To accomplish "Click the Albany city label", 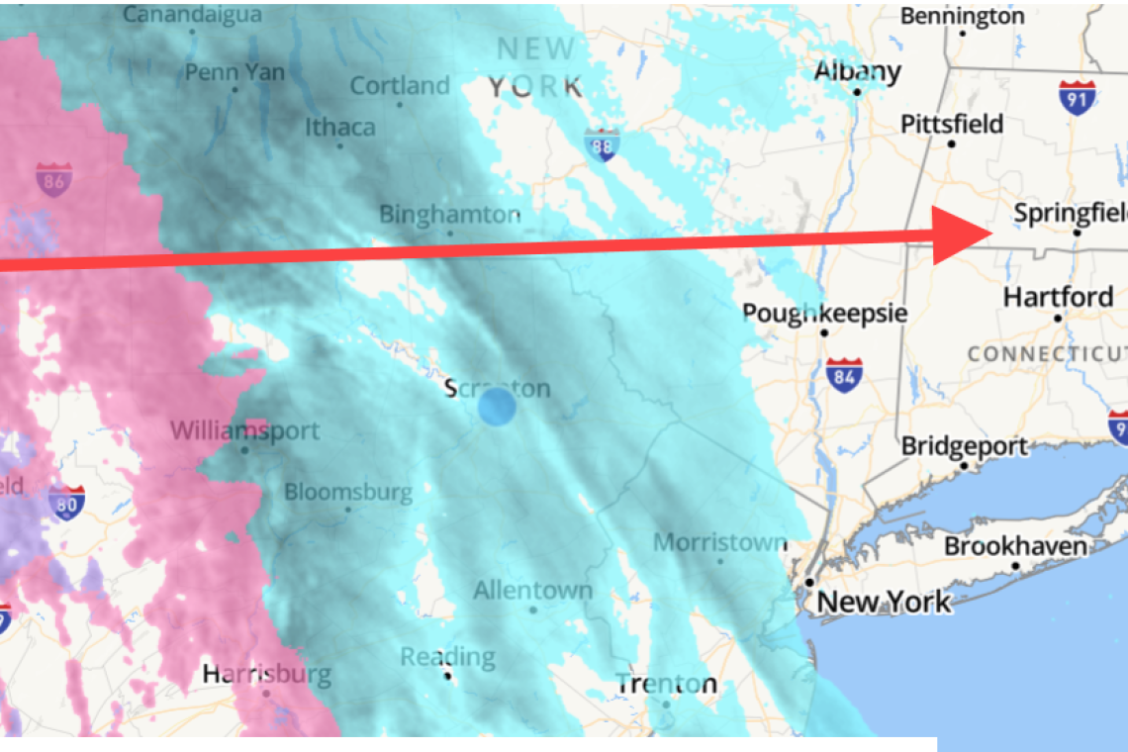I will [x=857, y=72].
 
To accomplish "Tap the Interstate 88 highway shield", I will [x=601, y=145].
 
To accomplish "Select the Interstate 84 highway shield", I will [x=843, y=375].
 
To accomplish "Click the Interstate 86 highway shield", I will [x=53, y=179].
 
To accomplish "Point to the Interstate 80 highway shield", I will [x=66, y=502].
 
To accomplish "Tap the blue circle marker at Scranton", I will [x=497, y=407].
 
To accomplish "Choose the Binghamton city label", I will [x=450, y=215].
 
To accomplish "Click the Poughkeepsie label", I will [x=824, y=313].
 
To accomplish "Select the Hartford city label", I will [x=1058, y=297].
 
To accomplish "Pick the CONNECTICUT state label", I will [x=1047, y=353].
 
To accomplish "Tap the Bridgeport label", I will [x=964, y=446].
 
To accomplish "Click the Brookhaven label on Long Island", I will [x=1015, y=546].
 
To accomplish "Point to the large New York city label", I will [x=884, y=601].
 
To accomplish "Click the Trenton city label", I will [x=666, y=684].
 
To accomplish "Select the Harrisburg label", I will [x=266, y=675].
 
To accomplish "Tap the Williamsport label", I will [x=244, y=431].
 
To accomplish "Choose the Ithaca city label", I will [x=339, y=128].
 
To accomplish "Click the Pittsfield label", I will [x=951, y=125].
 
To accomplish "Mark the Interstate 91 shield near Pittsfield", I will [x=1077, y=98].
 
